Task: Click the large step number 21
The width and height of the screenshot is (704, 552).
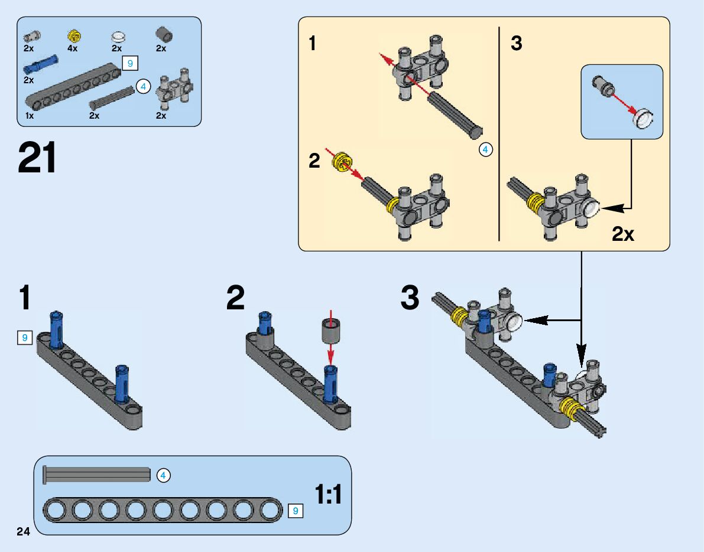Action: [x=38, y=158]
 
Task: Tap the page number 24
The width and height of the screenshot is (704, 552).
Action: [x=23, y=532]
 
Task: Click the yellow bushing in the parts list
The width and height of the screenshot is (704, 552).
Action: [x=74, y=35]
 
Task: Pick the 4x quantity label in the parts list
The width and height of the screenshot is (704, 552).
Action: [x=72, y=48]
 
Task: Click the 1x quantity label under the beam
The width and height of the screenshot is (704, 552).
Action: [x=30, y=116]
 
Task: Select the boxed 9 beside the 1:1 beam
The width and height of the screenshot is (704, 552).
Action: [x=296, y=510]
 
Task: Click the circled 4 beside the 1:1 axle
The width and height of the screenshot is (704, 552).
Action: [x=164, y=475]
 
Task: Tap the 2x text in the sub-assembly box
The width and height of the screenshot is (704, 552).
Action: [x=623, y=234]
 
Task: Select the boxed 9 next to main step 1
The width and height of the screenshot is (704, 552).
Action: [x=24, y=338]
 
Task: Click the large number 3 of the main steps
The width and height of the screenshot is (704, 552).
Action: [x=410, y=298]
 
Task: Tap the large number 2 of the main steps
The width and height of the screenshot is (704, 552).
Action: [x=235, y=298]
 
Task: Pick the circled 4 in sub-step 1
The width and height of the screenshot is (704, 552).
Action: [x=485, y=150]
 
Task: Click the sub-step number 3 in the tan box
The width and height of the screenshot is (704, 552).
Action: [x=517, y=44]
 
